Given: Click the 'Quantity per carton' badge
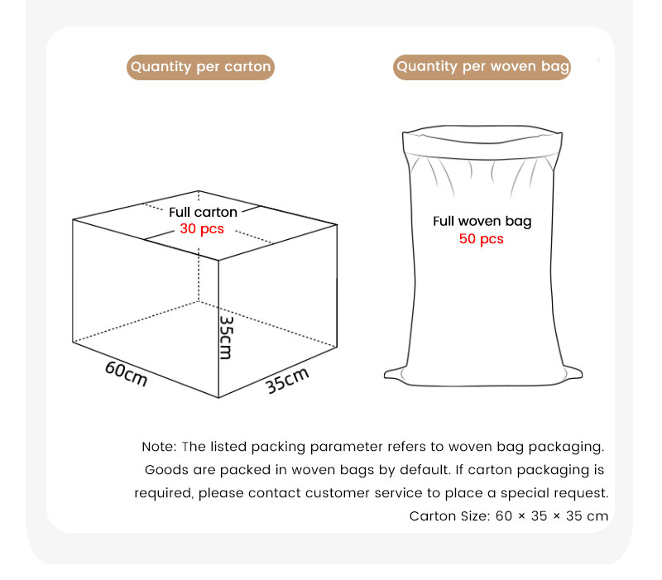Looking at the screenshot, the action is [x=200, y=67].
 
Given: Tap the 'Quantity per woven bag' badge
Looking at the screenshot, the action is [x=482, y=67].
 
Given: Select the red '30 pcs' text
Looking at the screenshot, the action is [x=202, y=229].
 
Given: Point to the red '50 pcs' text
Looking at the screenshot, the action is [x=482, y=239].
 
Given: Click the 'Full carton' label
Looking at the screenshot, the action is [x=203, y=212].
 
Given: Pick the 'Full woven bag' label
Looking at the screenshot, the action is [x=482, y=221].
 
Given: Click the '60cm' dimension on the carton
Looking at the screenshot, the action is [x=127, y=374].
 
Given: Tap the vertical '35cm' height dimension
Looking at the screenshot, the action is [x=226, y=338].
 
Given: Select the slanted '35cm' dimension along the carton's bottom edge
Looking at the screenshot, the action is [x=287, y=381].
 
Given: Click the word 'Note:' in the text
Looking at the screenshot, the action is [x=159, y=447].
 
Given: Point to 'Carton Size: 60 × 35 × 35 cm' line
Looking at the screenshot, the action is [x=509, y=515].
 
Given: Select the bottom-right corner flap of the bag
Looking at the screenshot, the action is [x=571, y=373].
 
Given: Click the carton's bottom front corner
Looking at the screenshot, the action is [x=218, y=398].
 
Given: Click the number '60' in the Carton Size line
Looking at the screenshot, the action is [x=504, y=515].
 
